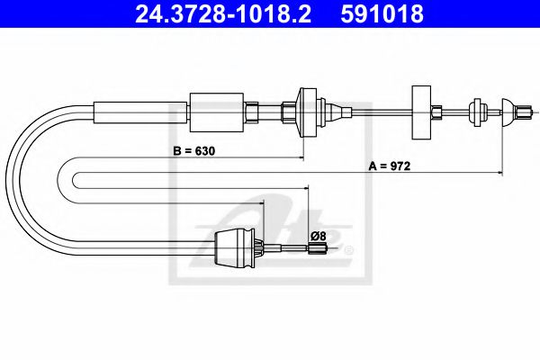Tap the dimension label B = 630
pyautogui.click(x=197, y=150)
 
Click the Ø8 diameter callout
pyautogui.click(x=317, y=236)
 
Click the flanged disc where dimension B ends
pyautogui.click(x=303, y=112)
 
